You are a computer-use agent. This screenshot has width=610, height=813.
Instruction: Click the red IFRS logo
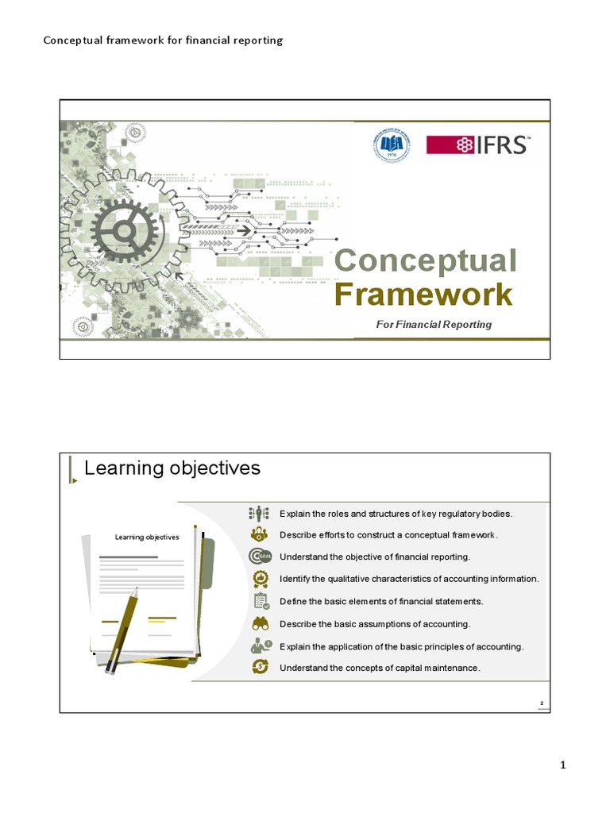478,144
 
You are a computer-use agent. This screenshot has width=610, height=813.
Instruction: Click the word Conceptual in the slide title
426,260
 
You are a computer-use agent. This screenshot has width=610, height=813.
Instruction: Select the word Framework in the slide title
423,295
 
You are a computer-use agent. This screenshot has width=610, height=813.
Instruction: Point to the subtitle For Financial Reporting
434,324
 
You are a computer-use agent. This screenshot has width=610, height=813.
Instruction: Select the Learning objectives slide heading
172,468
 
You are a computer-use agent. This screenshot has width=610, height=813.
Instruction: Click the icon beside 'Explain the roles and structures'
261,513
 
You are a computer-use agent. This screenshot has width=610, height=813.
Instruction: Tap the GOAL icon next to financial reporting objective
261,557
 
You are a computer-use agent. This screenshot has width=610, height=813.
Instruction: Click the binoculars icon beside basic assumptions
261,623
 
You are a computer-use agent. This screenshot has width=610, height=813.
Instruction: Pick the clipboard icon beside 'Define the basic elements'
261,601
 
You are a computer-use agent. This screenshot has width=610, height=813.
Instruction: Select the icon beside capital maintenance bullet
261,668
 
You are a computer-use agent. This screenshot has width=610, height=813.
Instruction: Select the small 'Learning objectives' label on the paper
147,538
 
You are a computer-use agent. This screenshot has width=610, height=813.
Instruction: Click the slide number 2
541,704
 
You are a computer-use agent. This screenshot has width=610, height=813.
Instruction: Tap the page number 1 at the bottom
562,765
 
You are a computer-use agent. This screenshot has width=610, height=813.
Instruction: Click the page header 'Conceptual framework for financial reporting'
163,40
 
